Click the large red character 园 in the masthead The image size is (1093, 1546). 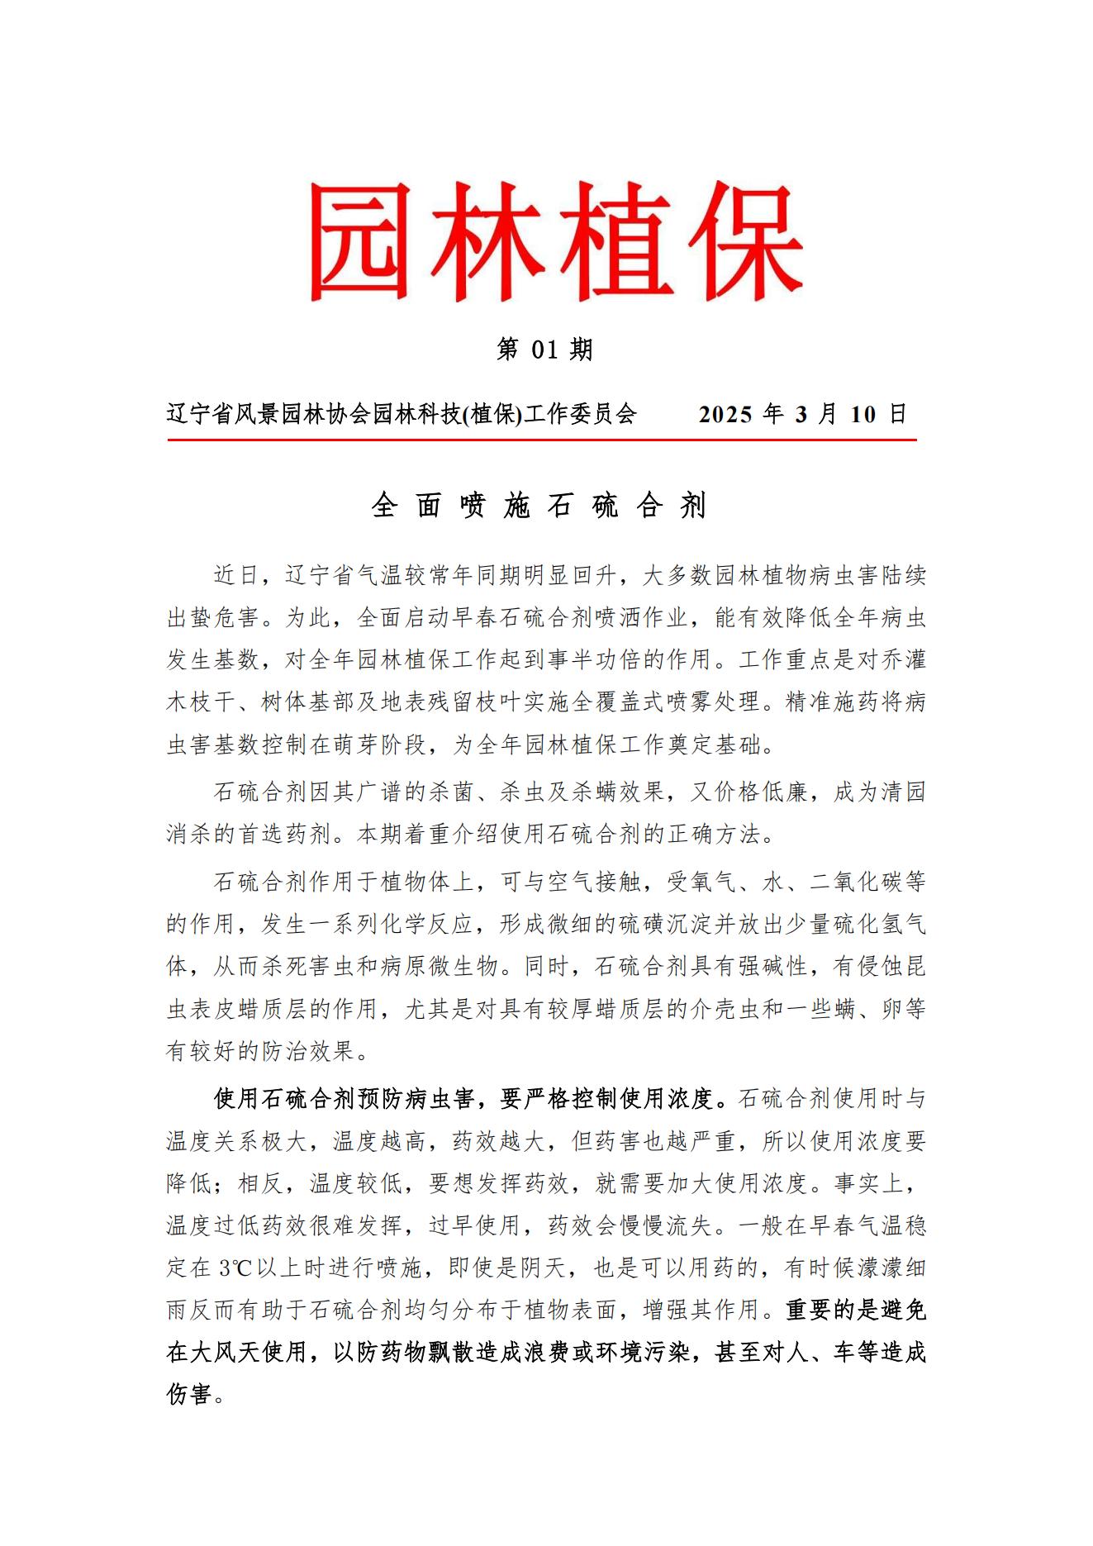(360, 240)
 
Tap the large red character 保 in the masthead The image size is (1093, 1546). (743, 240)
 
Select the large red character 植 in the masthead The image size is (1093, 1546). (615, 240)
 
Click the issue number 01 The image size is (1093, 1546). (545, 350)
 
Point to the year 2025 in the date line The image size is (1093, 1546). (726, 414)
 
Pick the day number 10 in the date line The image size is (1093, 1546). (863, 414)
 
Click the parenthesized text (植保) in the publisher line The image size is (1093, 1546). (492, 414)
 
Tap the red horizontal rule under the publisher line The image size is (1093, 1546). (542, 440)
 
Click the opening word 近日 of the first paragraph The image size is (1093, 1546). (237, 575)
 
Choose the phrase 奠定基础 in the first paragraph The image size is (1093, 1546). (726, 744)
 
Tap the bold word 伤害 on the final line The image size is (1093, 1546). (190, 1395)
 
